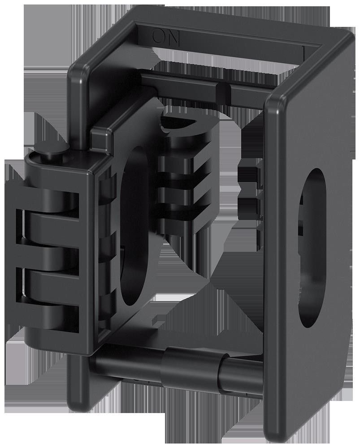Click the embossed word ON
pyautogui.click(x=166, y=37)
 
